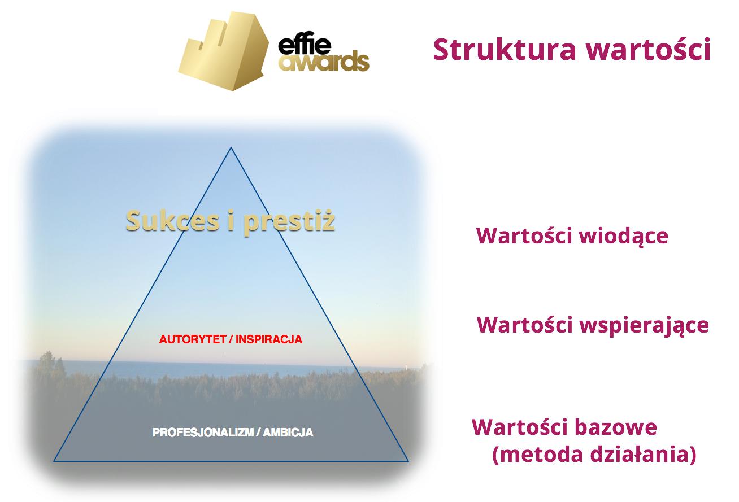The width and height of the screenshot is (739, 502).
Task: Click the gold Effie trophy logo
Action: point(224,51)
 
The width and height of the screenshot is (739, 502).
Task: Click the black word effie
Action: point(305,44)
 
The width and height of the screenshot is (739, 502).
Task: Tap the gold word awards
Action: point(324,61)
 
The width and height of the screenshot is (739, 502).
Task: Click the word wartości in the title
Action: point(648,50)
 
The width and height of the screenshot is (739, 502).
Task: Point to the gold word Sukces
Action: point(172,220)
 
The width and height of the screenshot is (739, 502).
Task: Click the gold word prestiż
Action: point(289,222)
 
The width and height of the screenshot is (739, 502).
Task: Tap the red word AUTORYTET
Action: point(192,339)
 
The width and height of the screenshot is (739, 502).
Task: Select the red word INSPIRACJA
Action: point(269,339)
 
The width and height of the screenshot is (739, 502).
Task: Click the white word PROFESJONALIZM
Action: point(203,433)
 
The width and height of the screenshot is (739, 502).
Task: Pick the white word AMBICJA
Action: point(288,433)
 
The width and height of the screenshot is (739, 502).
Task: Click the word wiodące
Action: point(624,236)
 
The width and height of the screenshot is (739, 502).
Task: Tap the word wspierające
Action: point(644,326)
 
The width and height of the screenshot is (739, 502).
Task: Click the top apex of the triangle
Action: point(231,147)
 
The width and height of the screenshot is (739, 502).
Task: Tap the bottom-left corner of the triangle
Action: point(54,461)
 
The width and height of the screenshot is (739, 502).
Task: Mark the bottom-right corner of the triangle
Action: point(408,461)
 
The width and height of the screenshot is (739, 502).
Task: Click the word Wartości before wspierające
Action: point(524,325)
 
